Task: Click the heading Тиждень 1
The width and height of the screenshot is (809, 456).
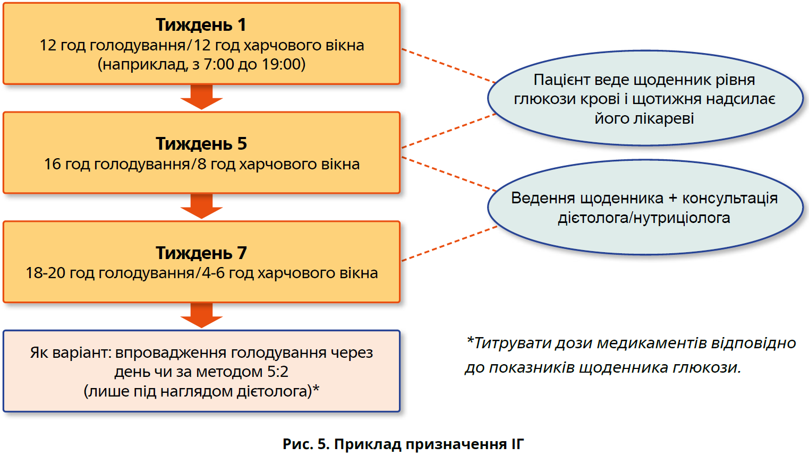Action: click(x=201, y=25)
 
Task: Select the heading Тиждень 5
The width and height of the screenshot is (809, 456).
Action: click(x=201, y=144)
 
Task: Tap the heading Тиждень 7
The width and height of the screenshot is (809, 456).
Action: click(x=201, y=253)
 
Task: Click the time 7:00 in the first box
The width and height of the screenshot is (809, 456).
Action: click(x=219, y=64)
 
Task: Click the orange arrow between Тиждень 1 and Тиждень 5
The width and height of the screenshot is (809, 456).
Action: click(x=201, y=97)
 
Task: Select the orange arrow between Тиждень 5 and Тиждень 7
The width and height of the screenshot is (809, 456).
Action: click(x=201, y=207)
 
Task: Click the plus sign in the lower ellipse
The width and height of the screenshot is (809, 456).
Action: click(x=673, y=199)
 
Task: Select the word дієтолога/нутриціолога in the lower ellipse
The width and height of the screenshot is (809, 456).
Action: click(x=644, y=218)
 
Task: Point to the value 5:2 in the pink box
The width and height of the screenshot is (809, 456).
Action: click(x=277, y=372)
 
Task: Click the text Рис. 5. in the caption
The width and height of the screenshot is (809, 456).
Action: click(x=305, y=444)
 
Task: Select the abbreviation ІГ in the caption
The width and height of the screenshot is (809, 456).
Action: click(x=517, y=444)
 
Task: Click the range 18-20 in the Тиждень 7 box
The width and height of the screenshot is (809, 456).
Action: click(x=45, y=273)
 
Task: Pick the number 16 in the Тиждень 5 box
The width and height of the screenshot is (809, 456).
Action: click(x=53, y=164)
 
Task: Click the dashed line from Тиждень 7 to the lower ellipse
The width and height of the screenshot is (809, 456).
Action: click(x=449, y=244)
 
